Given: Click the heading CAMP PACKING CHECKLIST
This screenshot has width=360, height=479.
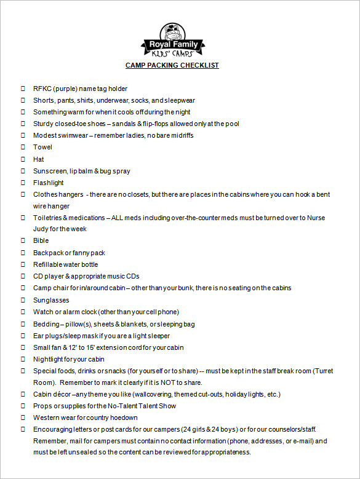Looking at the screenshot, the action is (x=172, y=65).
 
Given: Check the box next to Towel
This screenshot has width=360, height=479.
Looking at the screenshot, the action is (x=23, y=148).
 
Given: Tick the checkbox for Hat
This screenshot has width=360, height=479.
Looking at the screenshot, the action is (x=23, y=159).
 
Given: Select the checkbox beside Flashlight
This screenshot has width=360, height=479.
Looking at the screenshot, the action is (x=23, y=183).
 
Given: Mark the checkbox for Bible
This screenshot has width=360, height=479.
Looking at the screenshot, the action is (x=23, y=241).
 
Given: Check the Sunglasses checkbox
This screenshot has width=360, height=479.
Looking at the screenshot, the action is (x=23, y=300).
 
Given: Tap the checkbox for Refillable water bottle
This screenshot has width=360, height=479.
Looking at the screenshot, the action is (x=23, y=264).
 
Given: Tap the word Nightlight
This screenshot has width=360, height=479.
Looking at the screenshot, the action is (x=49, y=359).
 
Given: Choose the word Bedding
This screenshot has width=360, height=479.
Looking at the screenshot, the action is (x=46, y=324).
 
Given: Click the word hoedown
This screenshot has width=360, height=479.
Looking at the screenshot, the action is (x=123, y=418).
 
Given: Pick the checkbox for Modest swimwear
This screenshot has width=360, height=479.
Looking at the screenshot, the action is (x=23, y=136).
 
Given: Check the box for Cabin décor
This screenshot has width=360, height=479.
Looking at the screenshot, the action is (x=23, y=394).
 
